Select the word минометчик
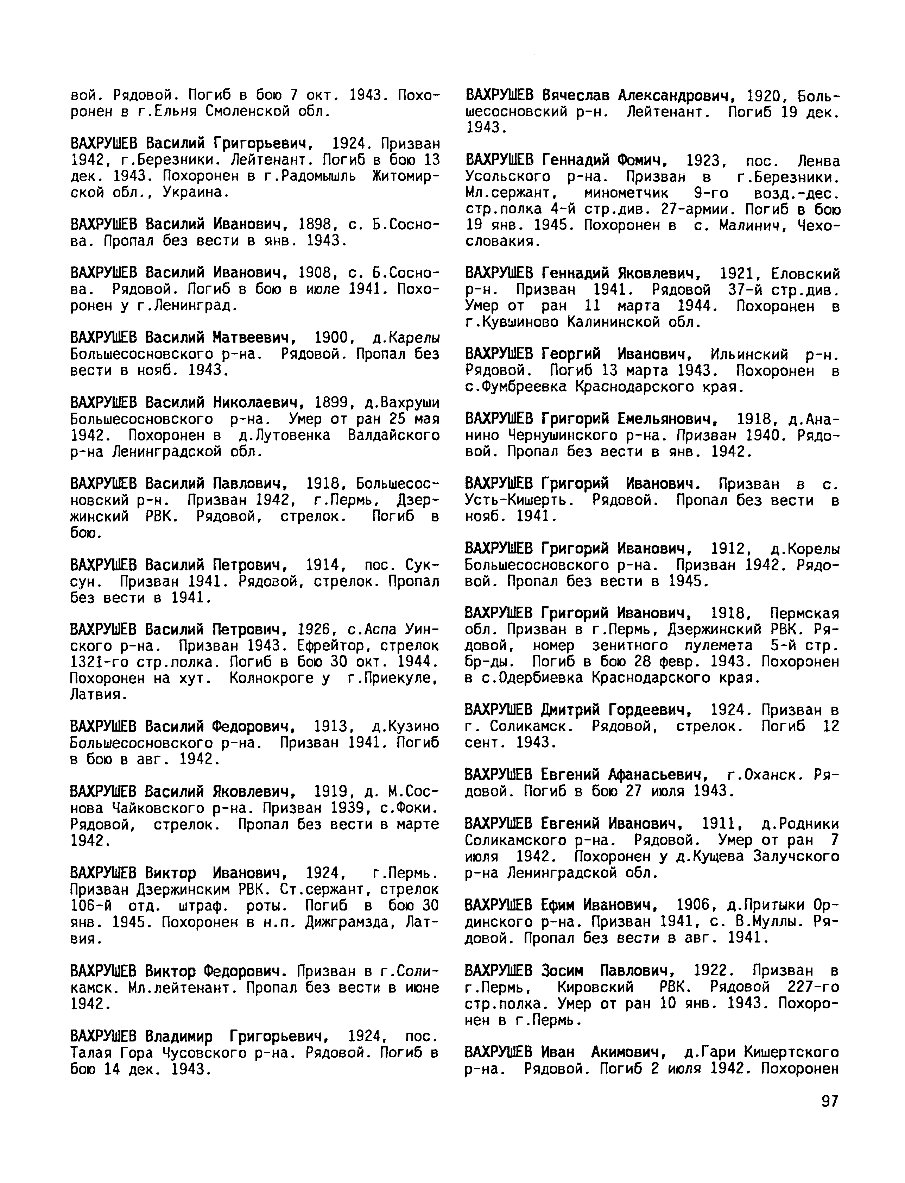click(x=626, y=193)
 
